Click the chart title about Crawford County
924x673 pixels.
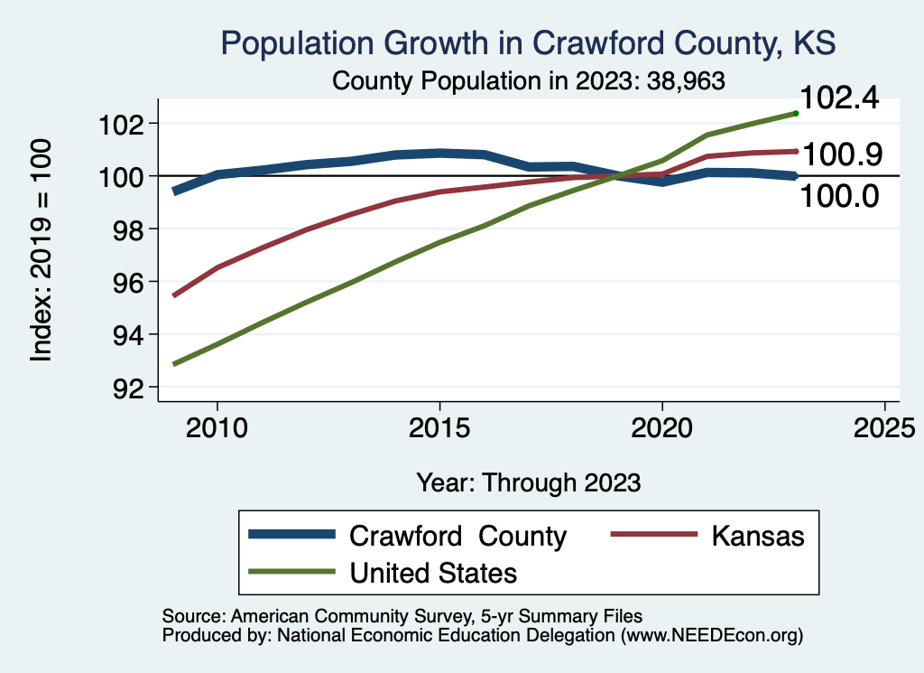(x=528, y=42)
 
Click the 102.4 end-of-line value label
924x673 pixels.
(x=840, y=98)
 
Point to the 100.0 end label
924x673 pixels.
(x=840, y=194)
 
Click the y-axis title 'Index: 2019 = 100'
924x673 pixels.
(x=42, y=250)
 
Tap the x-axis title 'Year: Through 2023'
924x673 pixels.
(x=529, y=482)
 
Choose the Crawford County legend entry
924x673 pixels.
(x=457, y=536)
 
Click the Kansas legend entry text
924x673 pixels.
(x=757, y=536)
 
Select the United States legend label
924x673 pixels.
(x=433, y=572)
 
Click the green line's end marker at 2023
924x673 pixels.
(x=795, y=113)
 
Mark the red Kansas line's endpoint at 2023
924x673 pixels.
(x=795, y=151)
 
